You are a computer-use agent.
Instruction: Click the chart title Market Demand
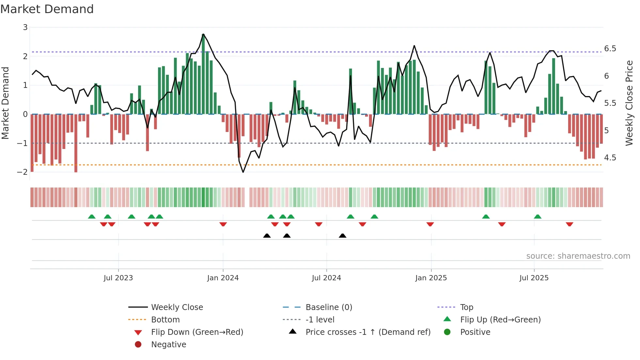47,9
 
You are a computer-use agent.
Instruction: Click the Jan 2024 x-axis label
223,278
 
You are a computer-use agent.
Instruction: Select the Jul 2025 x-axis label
534,278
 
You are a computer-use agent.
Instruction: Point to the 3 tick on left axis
25,27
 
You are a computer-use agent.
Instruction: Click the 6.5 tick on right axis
610,49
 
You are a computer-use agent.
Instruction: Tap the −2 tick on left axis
23,172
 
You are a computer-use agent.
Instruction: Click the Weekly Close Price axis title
629,103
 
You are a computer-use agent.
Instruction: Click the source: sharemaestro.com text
578,256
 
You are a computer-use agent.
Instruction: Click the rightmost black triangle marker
343,236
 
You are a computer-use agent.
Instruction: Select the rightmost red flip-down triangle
569,224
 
